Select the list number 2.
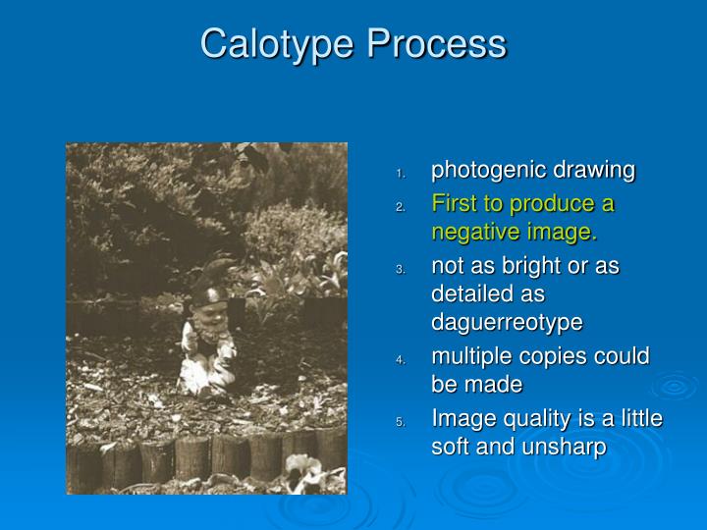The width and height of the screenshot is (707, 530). point(401,208)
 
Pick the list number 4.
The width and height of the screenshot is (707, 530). point(401,360)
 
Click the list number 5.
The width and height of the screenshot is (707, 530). point(401,423)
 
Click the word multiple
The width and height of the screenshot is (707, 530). point(467,355)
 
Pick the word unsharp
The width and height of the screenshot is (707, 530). point(570,447)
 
